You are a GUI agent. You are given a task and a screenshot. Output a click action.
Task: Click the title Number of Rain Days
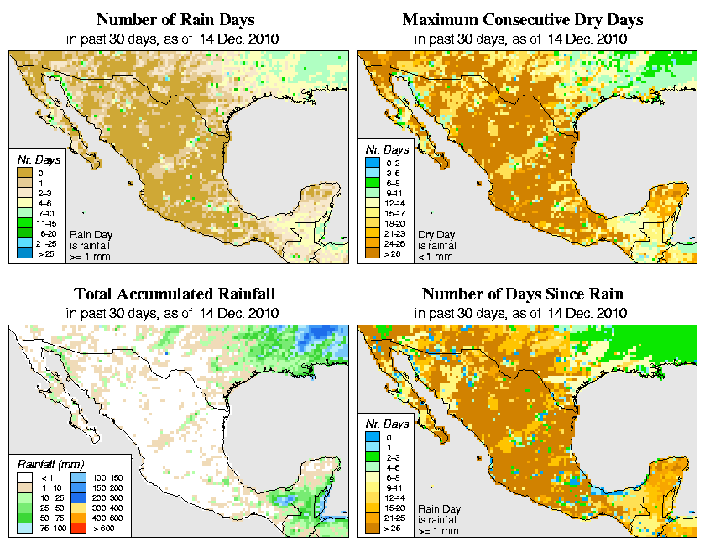tap(177, 19)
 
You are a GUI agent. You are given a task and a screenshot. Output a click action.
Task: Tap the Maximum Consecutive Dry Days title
tap(522, 19)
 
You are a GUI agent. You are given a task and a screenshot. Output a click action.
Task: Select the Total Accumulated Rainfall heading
tap(175, 294)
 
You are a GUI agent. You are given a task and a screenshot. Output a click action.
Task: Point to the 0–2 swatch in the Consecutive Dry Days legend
tap(373, 162)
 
